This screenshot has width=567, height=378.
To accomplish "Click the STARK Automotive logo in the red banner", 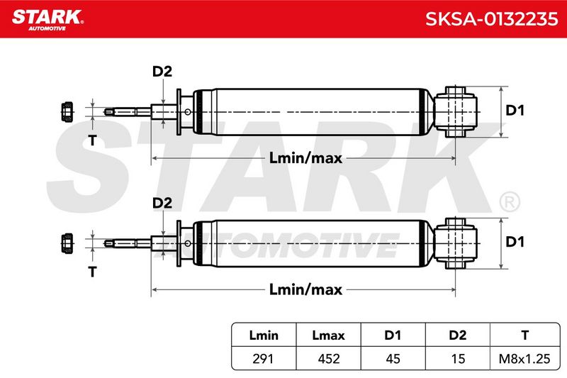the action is [x=47, y=20].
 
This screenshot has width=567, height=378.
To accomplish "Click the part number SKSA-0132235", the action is [x=491, y=19].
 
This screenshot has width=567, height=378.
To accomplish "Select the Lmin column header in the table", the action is [x=264, y=335].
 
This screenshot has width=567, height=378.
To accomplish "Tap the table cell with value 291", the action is [x=263, y=359].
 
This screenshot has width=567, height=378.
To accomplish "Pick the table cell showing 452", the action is [x=329, y=359].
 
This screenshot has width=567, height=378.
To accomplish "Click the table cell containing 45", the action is [x=393, y=359].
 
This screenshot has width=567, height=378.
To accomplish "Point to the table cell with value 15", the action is [x=458, y=359].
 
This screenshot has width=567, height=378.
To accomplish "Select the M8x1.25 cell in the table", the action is [x=524, y=359].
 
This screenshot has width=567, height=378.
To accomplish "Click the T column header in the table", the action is [x=524, y=335].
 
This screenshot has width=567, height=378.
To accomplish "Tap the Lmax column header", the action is [x=328, y=335].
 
